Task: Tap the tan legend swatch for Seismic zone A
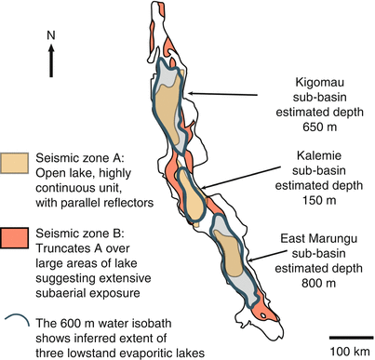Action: (x=15, y=166)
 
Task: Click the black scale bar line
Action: (x=350, y=336)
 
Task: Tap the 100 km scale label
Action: (x=350, y=351)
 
